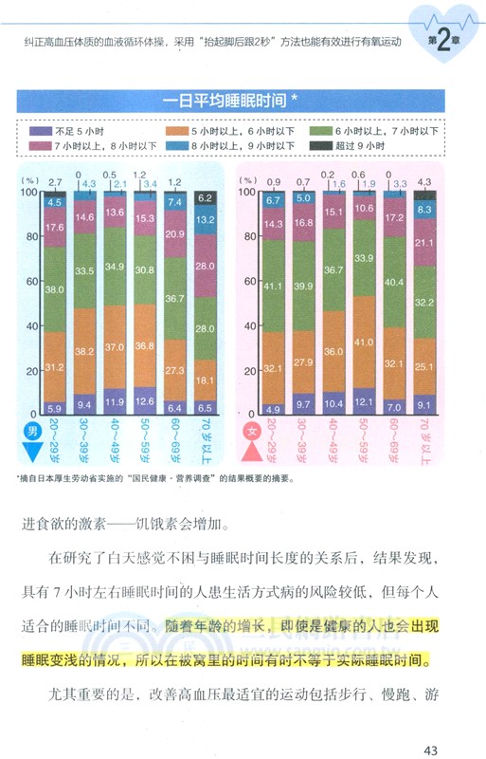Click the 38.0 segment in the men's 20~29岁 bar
pos(54,289)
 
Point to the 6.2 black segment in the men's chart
pos(205,198)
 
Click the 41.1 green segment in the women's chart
pos(275,286)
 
